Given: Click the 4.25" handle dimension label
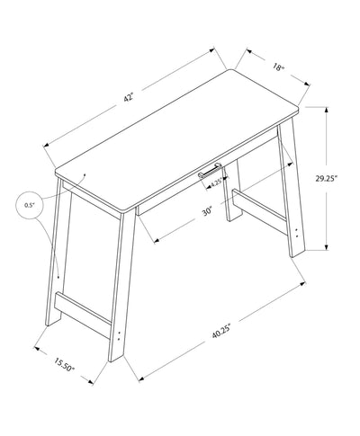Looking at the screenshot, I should pyautogui.click(x=216, y=183).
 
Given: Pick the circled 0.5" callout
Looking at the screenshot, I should pyautogui.click(x=30, y=206).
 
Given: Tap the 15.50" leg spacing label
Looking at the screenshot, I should pyautogui.click(x=63, y=366).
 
